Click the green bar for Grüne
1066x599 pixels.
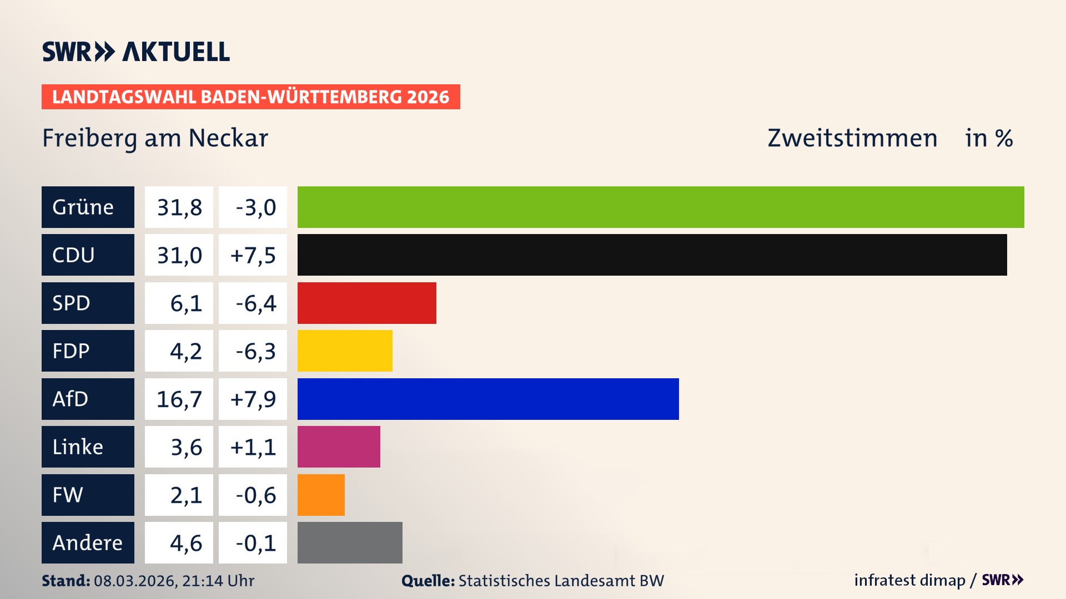(661, 207)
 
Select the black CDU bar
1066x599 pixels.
(652, 255)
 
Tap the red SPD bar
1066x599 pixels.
(366, 303)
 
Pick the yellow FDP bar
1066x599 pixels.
(345, 351)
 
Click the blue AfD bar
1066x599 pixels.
(488, 399)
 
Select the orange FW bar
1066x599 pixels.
(321, 495)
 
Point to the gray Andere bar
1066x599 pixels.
(350, 542)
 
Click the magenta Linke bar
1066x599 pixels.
(339, 446)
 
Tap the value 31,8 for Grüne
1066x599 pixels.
(179, 207)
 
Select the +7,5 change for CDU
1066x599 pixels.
(253, 255)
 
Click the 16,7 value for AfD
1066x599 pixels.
(179, 399)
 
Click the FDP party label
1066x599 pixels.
(71, 351)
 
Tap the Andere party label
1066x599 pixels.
(87, 543)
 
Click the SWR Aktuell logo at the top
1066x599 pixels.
(135, 52)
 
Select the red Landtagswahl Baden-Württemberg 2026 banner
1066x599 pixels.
(250, 97)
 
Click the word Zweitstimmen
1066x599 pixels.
(852, 138)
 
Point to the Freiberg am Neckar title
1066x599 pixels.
(155, 138)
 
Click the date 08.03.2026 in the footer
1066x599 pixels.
(135, 581)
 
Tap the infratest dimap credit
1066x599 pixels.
(909, 580)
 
